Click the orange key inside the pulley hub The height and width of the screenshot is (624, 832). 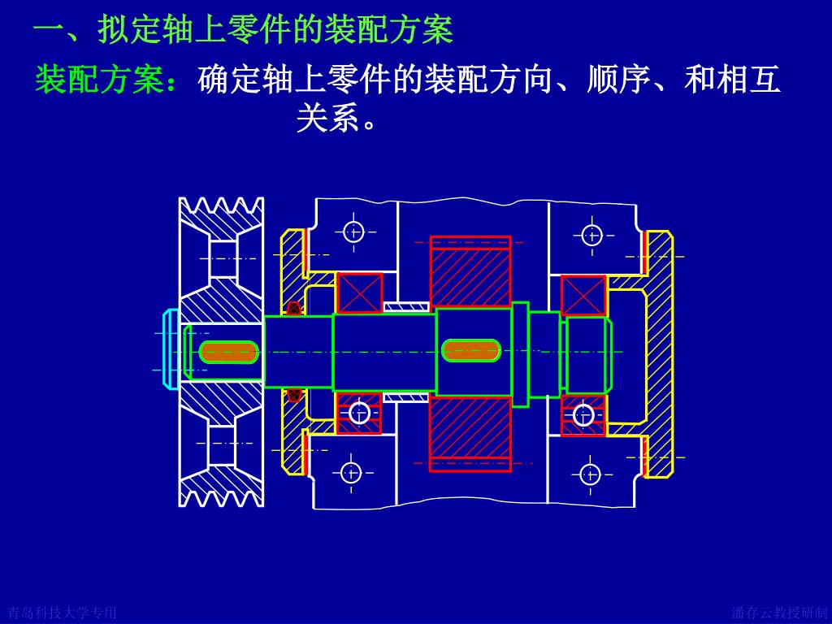coord(228,352)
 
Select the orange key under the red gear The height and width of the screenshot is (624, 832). coord(470,350)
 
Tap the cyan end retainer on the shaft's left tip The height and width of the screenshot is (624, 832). coord(170,349)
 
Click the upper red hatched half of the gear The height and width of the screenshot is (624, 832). coord(470,273)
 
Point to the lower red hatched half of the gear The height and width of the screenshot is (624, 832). coord(470,431)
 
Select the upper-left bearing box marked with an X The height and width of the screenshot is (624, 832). coord(360,292)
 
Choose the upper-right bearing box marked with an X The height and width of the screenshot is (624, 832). coord(583,296)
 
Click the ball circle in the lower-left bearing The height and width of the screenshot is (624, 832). coord(359,414)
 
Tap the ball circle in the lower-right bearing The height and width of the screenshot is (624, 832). coord(583,415)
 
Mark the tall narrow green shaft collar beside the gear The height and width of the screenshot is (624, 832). coord(520,354)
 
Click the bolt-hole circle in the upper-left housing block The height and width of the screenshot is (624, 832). coord(353,232)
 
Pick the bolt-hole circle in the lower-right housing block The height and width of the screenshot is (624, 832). coord(591,474)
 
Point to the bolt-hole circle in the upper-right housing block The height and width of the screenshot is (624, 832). coord(592,236)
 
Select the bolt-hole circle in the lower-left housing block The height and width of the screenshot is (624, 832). coord(351,472)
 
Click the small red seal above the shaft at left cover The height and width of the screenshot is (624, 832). coord(293,308)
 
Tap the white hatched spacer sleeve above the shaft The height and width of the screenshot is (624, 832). coord(405,306)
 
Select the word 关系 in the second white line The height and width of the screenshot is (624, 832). coord(328,119)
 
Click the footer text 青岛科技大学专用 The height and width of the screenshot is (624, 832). coord(62,613)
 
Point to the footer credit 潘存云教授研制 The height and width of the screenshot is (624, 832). coord(778,613)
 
